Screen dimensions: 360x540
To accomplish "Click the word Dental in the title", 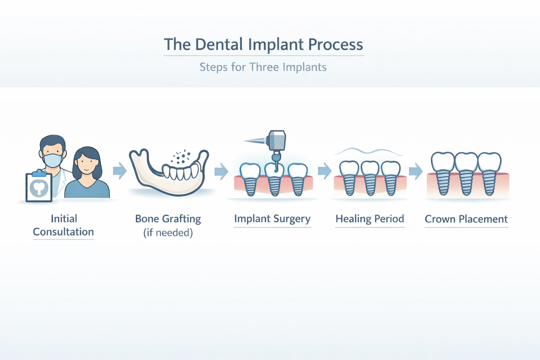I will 219,45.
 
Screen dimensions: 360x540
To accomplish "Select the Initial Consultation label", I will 63,225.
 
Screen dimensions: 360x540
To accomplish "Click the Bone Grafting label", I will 168,219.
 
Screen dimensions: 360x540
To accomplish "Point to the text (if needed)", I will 168,233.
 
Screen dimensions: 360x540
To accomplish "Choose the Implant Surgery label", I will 272,219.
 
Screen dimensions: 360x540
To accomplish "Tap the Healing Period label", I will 370,219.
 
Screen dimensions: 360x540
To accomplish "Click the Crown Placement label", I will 466,219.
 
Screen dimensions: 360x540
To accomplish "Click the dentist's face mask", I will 53,160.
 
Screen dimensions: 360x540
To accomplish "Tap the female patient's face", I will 86,165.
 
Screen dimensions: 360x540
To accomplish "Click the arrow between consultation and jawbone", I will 120,171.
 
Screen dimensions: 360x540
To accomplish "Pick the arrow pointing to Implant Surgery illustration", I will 221,172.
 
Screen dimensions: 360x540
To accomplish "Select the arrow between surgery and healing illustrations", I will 324,171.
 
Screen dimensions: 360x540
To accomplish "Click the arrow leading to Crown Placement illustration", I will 416,171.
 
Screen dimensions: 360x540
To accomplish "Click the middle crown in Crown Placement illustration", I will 466,162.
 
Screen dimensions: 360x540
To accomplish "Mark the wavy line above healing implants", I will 368,152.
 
